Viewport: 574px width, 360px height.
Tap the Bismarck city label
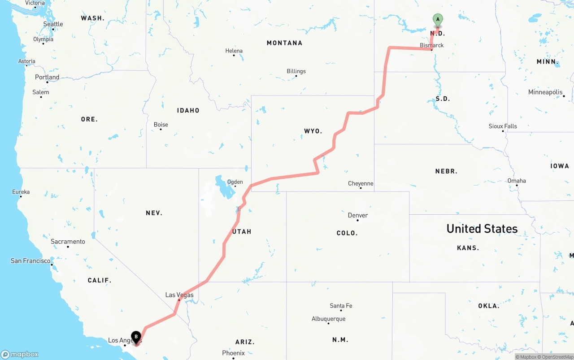(x=432, y=45)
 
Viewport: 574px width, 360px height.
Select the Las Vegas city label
(x=179, y=295)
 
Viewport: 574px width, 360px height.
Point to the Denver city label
(x=358, y=215)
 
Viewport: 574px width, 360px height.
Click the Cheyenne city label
(x=361, y=183)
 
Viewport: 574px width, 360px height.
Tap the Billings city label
(x=296, y=71)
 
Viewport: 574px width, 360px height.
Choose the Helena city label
(x=234, y=51)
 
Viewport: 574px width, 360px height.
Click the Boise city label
(x=161, y=125)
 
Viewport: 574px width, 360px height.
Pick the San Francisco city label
(x=30, y=261)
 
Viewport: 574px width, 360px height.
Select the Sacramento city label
(x=68, y=242)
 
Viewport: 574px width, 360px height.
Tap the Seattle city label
(x=53, y=24)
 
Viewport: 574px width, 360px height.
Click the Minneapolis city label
(x=545, y=92)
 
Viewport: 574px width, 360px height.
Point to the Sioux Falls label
(x=503, y=126)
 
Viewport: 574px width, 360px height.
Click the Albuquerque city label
(x=329, y=319)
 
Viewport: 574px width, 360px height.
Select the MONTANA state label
(x=284, y=43)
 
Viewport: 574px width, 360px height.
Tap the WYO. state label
(x=313, y=131)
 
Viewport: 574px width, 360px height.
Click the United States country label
(x=482, y=229)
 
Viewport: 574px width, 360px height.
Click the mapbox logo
(x=20, y=354)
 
